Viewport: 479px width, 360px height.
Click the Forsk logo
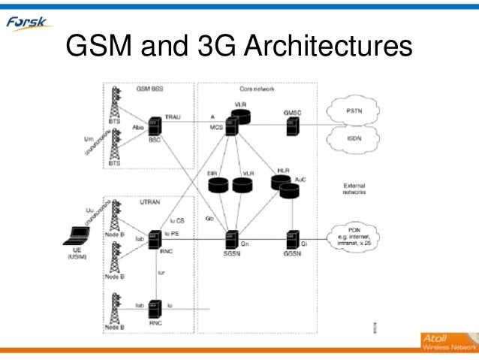(x=29, y=23)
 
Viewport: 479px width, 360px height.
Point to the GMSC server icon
(x=291, y=126)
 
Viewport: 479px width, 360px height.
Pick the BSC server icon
(x=155, y=126)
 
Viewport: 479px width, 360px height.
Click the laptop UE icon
(x=77, y=234)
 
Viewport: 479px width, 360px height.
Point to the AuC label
(x=301, y=180)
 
